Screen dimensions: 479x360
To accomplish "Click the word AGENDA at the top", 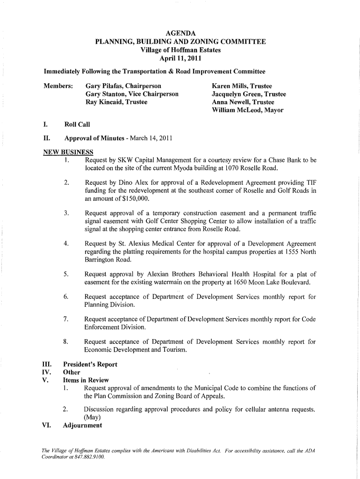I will (x=180, y=33).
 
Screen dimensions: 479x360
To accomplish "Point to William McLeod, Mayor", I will (x=247, y=110).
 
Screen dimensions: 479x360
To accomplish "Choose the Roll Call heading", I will (x=77, y=124).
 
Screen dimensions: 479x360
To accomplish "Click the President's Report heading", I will (x=91, y=364).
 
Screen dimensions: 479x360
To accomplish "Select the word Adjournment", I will (x=82, y=426).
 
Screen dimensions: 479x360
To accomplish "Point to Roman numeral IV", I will (x=46, y=372).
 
